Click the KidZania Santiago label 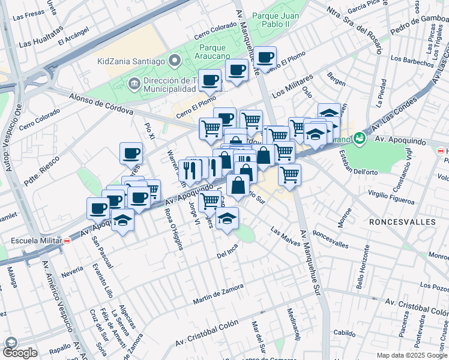131,61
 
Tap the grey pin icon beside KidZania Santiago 175,61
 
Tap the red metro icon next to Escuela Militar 67,241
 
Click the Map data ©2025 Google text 412,355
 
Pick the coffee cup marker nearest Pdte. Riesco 131,154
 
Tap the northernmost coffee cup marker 265,58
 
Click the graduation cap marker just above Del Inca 227,219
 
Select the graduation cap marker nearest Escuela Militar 122,220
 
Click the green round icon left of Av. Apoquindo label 359,139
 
